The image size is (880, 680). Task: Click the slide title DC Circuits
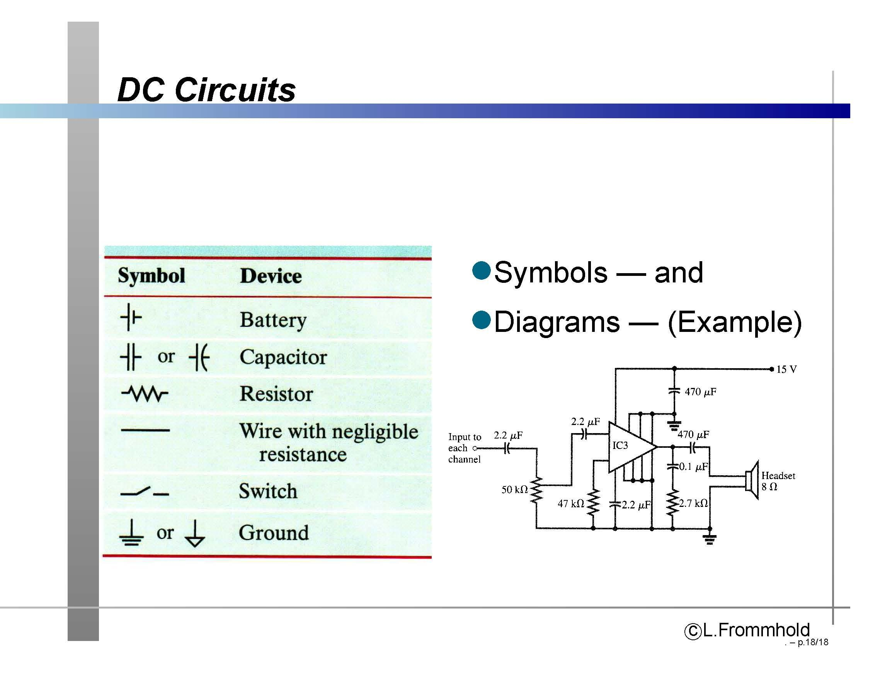[206, 89]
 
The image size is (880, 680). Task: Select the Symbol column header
[151, 276]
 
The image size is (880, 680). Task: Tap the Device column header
[271, 276]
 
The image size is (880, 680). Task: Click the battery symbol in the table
[131, 318]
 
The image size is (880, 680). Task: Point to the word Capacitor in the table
[283, 357]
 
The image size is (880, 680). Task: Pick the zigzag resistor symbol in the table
[145, 394]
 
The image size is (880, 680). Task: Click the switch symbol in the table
[145, 491]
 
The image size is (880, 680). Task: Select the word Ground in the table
[274, 532]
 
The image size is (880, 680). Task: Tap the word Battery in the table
[273, 320]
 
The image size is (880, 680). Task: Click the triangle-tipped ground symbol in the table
[195, 533]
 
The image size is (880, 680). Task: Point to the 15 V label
[786, 369]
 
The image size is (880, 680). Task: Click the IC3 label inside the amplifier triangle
[620, 445]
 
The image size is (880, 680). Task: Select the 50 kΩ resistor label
[514, 490]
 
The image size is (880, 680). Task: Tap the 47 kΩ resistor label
[571, 503]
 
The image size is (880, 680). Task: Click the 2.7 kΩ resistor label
[693, 503]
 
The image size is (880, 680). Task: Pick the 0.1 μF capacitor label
[693, 466]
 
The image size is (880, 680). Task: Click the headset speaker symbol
[752, 480]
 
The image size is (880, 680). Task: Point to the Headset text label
[778, 476]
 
